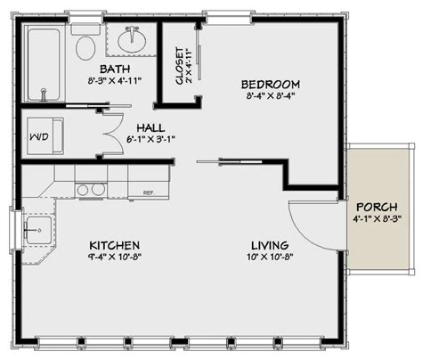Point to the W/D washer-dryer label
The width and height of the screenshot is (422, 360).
(39, 138)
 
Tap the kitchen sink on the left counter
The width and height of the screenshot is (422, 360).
(36, 230)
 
